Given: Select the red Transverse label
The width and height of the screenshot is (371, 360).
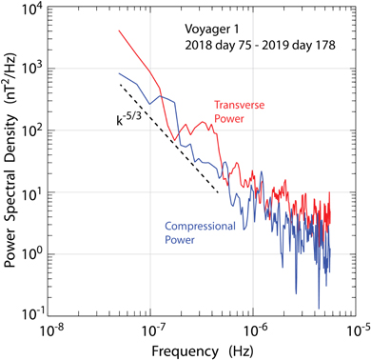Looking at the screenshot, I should [264, 103].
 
